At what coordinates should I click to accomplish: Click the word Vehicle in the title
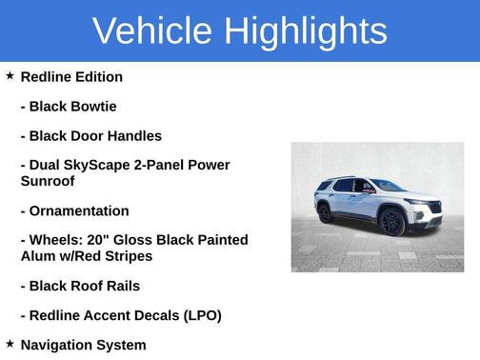[152, 30]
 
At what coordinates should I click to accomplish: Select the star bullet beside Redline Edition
[10, 75]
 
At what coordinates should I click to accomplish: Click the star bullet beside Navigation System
[10, 344]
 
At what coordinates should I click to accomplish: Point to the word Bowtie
[93, 106]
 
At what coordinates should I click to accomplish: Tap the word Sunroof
[47, 180]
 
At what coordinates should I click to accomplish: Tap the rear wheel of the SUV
[327, 212]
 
